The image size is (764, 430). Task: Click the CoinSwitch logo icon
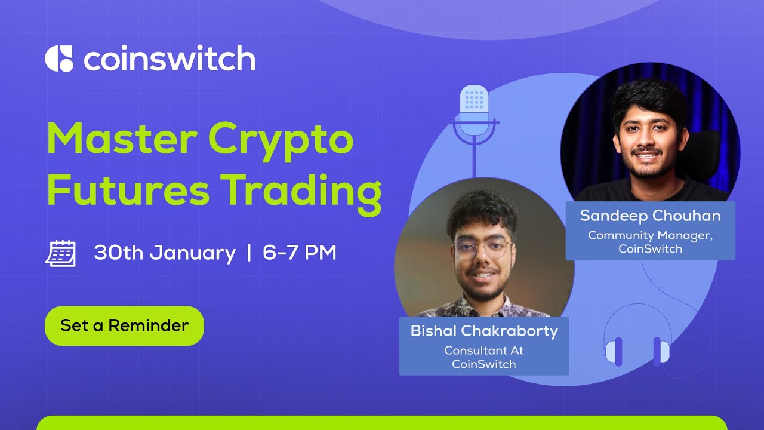pos(58,59)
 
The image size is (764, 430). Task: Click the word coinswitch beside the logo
pos(170,59)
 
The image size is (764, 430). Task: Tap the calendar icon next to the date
pos(60,253)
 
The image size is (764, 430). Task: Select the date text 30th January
pos(165,253)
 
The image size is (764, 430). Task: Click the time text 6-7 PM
pos(300,253)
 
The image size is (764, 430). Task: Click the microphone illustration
pos(475,116)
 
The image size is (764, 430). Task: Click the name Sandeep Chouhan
pos(650,216)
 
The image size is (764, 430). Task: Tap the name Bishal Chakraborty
pos(484,331)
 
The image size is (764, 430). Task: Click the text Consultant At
pos(484,351)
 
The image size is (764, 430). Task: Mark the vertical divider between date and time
pos(249,253)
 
